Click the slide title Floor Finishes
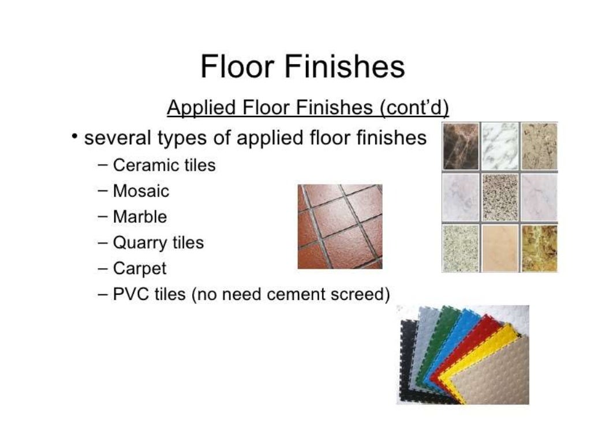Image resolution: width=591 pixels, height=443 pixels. (x=302, y=67)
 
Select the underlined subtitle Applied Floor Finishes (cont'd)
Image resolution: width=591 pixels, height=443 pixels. (x=308, y=108)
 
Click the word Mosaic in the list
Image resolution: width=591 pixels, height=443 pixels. (x=141, y=191)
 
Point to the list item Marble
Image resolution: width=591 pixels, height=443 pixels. (x=140, y=217)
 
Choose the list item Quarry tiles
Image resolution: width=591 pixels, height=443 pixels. (x=158, y=243)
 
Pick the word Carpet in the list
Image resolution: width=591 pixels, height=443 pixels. (x=140, y=269)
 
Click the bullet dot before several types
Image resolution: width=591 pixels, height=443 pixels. (x=74, y=136)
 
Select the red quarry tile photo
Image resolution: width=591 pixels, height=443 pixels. (x=340, y=226)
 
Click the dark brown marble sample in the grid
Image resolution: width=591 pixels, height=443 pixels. (x=461, y=147)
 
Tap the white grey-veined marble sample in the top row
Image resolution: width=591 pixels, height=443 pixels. (x=500, y=147)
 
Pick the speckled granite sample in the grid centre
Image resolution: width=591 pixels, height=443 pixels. (x=500, y=197)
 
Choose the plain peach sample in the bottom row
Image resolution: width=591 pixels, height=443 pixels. (x=500, y=248)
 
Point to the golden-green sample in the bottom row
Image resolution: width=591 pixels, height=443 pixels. (x=539, y=248)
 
